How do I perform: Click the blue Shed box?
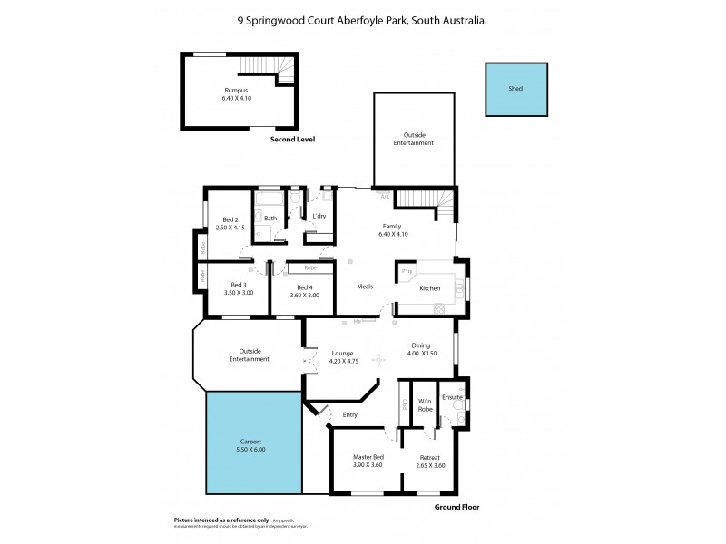click(x=516, y=89)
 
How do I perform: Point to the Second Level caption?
click(x=293, y=140)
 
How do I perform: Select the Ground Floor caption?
click(x=456, y=508)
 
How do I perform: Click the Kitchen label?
click(x=429, y=288)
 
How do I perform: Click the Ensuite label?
click(x=452, y=397)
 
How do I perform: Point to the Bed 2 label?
click(x=231, y=219)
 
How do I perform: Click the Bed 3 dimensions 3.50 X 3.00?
click(x=238, y=294)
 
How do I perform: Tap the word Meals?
click(x=365, y=287)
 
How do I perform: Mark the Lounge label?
click(x=342, y=354)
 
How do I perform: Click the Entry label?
click(x=350, y=415)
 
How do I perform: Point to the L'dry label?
click(x=319, y=216)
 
